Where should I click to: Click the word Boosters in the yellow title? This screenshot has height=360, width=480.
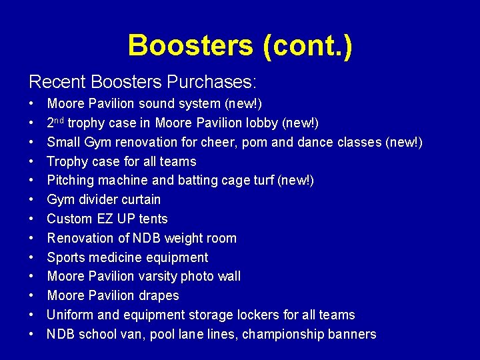(x=191, y=45)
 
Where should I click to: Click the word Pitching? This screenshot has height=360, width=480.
(x=69, y=181)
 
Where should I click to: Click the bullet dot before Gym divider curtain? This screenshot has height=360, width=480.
(x=32, y=200)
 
